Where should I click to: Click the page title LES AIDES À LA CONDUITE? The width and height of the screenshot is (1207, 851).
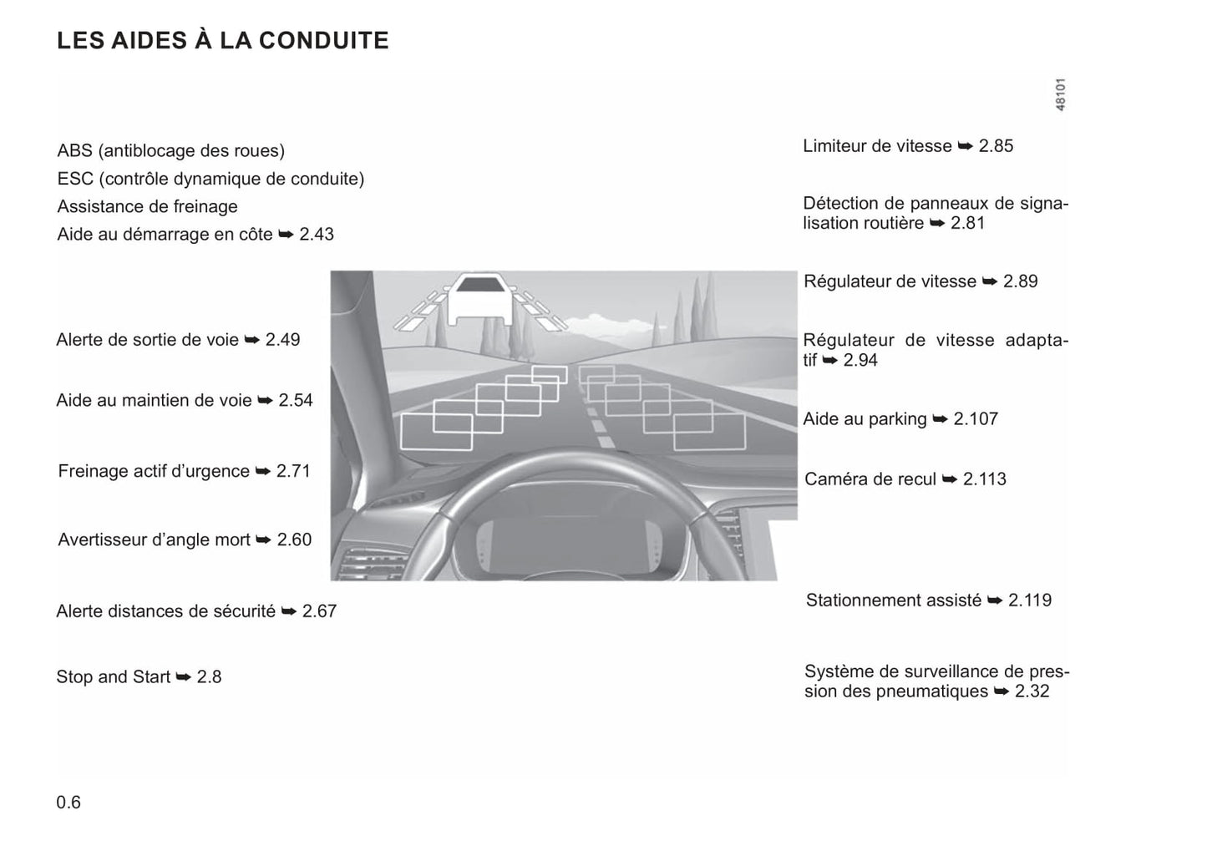[x=222, y=41]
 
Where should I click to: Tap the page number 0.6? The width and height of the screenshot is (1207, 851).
[x=68, y=803]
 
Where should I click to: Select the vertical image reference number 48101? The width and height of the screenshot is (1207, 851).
[x=1060, y=94]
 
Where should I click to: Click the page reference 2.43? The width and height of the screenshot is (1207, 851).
[x=317, y=235]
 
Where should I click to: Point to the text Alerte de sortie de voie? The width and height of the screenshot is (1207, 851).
[x=147, y=340]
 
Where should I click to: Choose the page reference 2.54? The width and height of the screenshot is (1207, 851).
[x=296, y=401]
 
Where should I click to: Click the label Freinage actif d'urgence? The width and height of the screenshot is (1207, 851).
[x=154, y=471]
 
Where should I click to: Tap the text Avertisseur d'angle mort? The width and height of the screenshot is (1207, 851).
[x=154, y=540]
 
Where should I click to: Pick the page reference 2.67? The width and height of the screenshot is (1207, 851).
[x=319, y=611]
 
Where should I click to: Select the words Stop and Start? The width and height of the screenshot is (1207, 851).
[x=113, y=677]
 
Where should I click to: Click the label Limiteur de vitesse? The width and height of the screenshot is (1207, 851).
[x=877, y=146]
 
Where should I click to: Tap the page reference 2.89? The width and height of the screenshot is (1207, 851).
[x=1020, y=281]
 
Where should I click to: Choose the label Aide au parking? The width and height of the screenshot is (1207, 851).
[x=865, y=419]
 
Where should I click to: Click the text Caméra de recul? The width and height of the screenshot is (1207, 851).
[x=870, y=479]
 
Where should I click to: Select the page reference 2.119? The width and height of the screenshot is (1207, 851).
[x=1030, y=600]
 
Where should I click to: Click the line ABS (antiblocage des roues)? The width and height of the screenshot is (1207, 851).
[x=170, y=151]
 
